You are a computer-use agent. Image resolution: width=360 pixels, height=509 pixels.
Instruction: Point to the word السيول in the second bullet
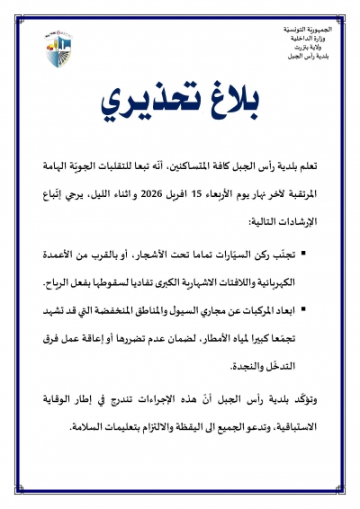coord(183,311)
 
